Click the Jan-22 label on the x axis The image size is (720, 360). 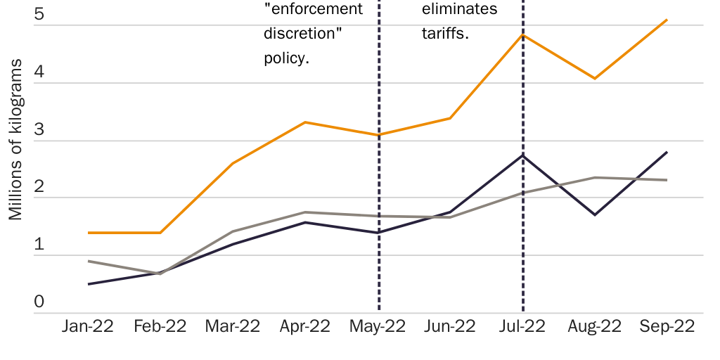pos(88,327)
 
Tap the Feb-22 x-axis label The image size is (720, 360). pos(160,327)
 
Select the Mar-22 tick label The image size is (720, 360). pos(232,327)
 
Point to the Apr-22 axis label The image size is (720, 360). pos(304,327)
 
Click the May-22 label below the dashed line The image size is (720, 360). pos(378,327)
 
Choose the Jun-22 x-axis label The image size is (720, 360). pos(450,327)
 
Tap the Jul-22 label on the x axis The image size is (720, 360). pos(522,327)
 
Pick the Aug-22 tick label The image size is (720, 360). pos(595,327)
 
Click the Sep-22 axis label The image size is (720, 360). pos(667,327)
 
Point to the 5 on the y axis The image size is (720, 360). pos(39,14)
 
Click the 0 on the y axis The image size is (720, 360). pos(39,302)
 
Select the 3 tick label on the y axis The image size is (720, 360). pos(39,129)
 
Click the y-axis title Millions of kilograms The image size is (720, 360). pos(15,140)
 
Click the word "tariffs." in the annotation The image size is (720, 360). pos(445,34)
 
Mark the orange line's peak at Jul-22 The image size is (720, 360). pos(522,34)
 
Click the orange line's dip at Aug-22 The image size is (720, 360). pos(595,78)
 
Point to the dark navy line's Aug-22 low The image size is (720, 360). pos(595,214)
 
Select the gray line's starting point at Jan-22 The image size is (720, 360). pos(89,261)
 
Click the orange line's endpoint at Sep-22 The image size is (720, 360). pos(667,20)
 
